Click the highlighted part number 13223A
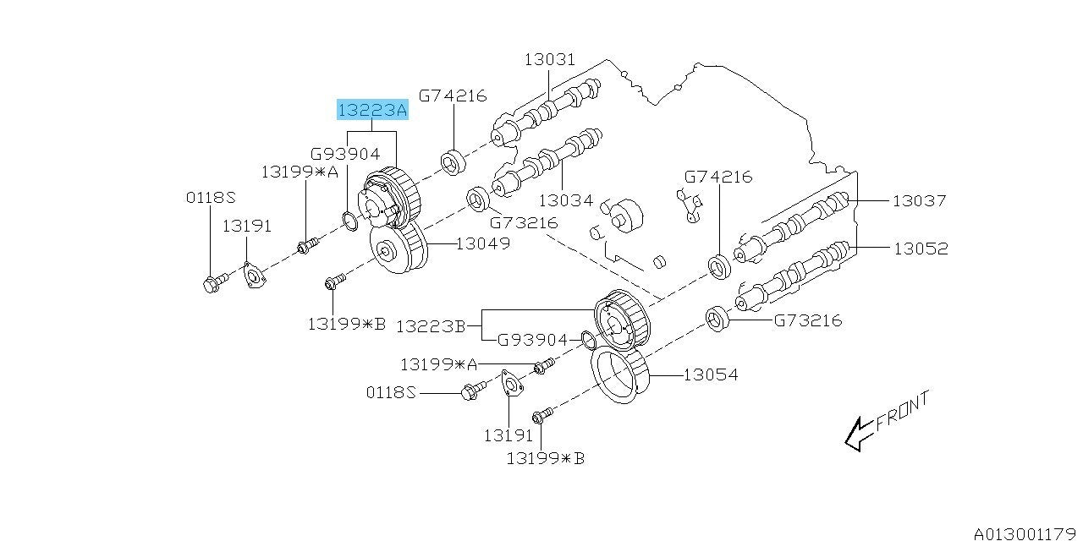tap(372, 111)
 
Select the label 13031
tap(549, 59)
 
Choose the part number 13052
tap(921, 249)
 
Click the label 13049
tap(482, 243)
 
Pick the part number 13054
tap(710, 374)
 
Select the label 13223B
tap(431, 325)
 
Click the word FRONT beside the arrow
tap(902, 411)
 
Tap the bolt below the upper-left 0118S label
tap(213, 281)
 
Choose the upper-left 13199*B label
tap(346, 322)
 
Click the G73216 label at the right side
tap(807, 320)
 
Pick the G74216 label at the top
tap(453, 95)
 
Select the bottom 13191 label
tap(508, 435)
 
